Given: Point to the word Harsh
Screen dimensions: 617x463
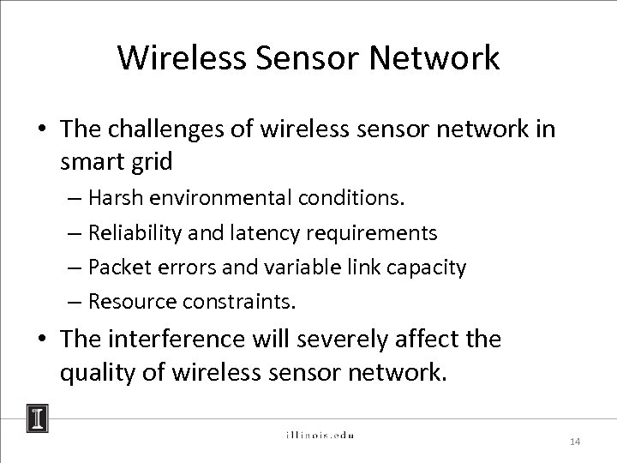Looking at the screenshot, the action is point(117,198).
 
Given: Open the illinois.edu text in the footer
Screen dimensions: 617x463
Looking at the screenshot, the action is point(319,435).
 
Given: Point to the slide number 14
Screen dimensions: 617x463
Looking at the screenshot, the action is point(575,442).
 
